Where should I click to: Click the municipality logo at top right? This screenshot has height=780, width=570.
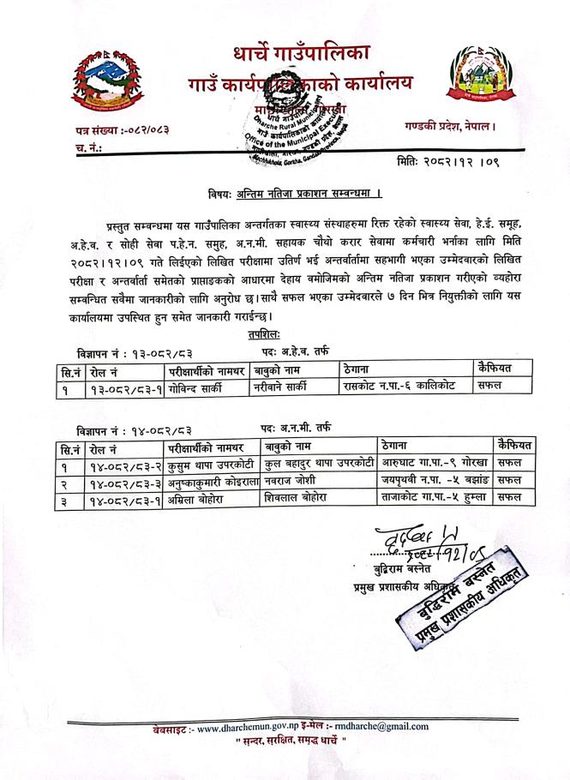click(476, 82)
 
